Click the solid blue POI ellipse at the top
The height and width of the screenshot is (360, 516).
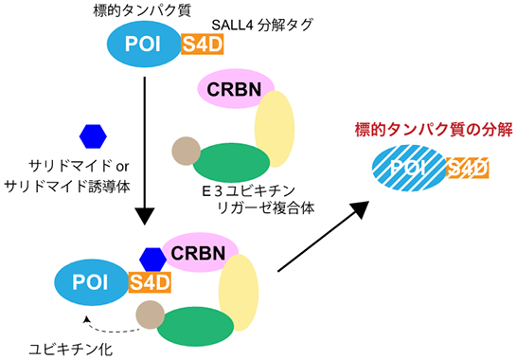[x=143, y=46]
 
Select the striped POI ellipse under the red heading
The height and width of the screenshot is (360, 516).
[x=408, y=170]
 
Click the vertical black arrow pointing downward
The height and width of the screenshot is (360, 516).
[x=144, y=152]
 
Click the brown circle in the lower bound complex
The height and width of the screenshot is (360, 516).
[x=151, y=312]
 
